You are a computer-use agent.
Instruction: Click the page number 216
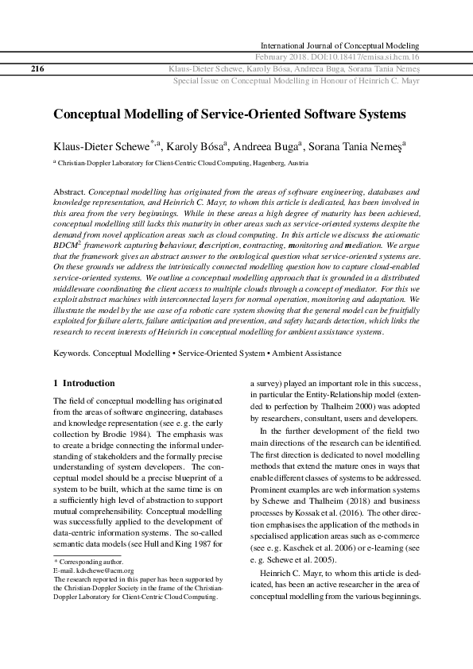37,69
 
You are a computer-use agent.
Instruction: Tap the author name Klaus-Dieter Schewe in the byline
101,146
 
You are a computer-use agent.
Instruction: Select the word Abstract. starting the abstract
69,192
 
